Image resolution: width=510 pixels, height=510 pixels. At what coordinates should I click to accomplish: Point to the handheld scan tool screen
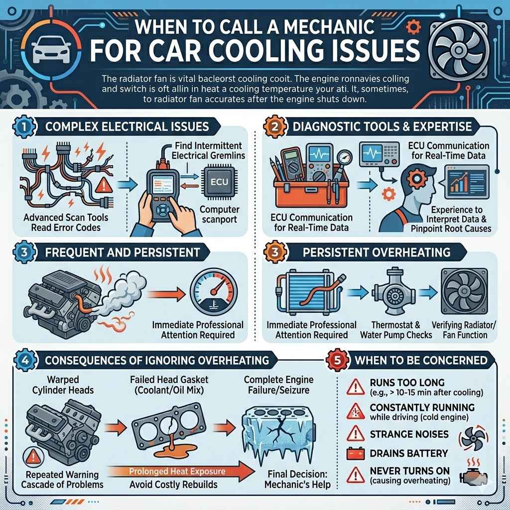point(163,187)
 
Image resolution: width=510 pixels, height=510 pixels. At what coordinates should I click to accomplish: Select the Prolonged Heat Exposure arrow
point(177,471)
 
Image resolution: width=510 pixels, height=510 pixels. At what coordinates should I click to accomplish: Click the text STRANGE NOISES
point(409,434)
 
